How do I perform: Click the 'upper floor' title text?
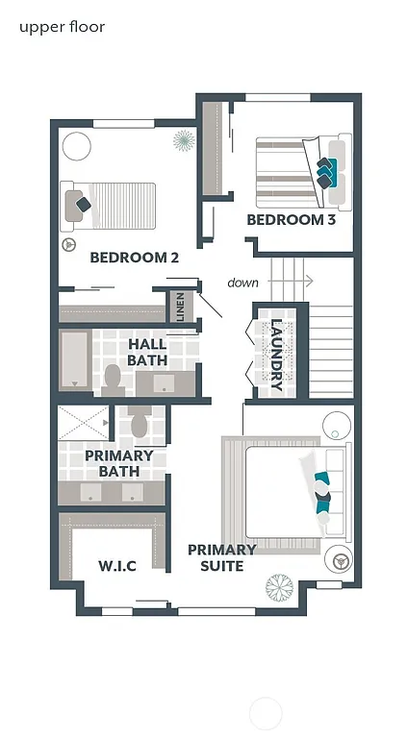point(62,27)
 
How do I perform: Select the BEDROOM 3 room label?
point(292,220)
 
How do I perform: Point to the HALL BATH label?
point(147,352)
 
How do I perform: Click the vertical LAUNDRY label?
point(276,355)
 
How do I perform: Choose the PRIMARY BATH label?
point(119,463)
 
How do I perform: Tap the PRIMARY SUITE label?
point(221,557)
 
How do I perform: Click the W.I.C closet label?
point(117,566)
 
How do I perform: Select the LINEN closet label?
point(180,307)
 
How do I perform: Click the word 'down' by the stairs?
point(242,283)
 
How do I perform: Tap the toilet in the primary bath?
point(140,422)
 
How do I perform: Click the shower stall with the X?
point(83,423)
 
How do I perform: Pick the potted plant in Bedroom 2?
point(183,142)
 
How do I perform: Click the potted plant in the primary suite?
point(280,586)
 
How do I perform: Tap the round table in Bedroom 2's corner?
point(77,147)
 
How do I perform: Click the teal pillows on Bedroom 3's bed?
point(329,170)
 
